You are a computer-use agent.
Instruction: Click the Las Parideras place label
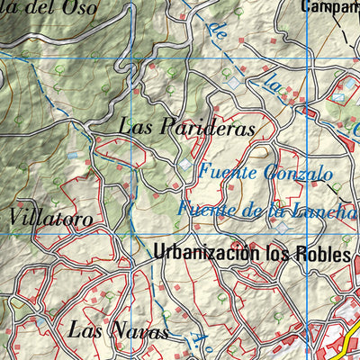[187, 128]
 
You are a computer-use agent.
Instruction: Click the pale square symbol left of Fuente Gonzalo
[185, 166]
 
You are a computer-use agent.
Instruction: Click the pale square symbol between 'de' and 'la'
[236, 82]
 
